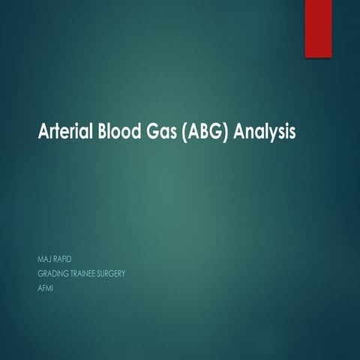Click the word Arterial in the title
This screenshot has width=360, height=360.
point(63,132)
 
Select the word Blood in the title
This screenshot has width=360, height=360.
point(114,132)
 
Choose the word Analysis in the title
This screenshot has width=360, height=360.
point(265,133)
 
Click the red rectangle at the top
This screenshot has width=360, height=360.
point(318,28)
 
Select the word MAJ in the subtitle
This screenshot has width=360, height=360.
point(44,260)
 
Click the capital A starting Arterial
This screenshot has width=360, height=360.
point(43,132)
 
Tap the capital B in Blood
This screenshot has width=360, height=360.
point(97,132)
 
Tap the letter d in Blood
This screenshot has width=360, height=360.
point(131,132)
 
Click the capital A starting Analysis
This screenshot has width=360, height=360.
point(239,132)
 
